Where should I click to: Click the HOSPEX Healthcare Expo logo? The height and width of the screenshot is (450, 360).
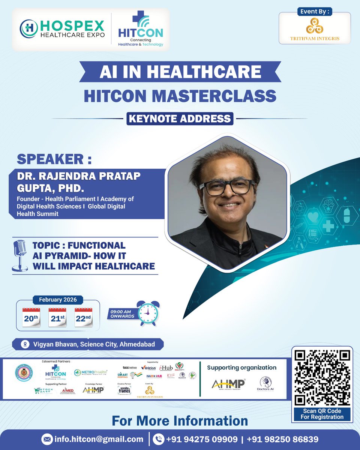(62, 30)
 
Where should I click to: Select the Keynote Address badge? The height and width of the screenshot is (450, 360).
(180, 118)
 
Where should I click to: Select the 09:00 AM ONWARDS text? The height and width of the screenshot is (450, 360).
(122, 313)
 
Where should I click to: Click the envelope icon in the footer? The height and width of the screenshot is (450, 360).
(47, 439)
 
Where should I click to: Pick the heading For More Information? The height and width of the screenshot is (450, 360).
(180, 420)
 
